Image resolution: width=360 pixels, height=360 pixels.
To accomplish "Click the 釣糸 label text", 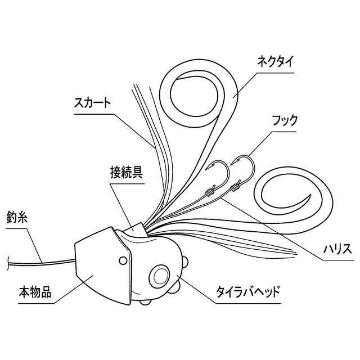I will pyautogui.click(x=17, y=217).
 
